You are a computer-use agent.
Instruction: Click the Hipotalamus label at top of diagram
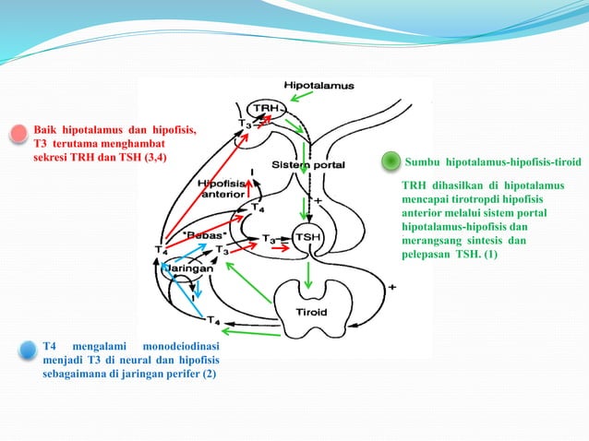319,86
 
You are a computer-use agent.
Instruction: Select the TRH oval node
266,109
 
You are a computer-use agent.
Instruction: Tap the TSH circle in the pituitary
308,237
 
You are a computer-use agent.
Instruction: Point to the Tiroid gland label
311,312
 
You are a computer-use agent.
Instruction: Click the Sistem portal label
308,165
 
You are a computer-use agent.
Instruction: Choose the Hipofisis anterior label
222,189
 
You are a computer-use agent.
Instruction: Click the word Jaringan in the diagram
189,268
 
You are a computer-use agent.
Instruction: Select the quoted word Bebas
205,235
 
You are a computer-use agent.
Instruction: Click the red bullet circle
18,134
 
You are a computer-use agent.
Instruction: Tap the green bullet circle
391,161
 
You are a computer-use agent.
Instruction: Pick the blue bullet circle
28,350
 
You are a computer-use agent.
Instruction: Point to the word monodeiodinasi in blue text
181,346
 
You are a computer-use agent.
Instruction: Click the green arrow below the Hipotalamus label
302,96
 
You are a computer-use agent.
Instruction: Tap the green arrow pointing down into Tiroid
308,276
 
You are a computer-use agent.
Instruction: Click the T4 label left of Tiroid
213,320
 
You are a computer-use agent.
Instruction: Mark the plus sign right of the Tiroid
391,288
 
